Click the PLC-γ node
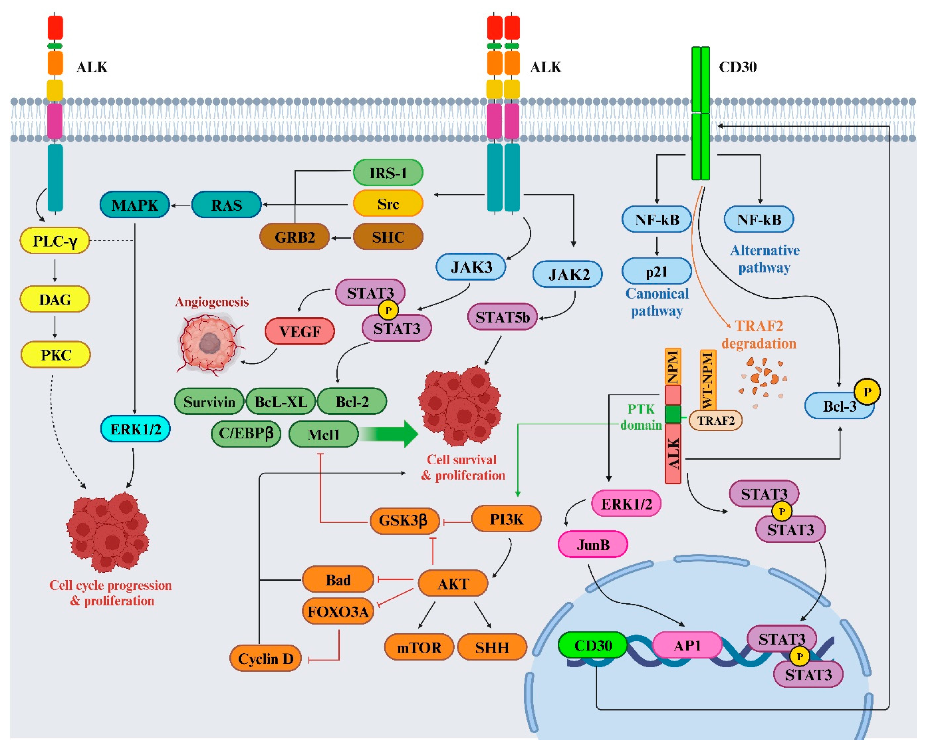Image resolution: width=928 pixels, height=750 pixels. (55, 241)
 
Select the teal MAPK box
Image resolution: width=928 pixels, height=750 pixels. (134, 205)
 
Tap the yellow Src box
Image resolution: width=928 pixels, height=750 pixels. (387, 203)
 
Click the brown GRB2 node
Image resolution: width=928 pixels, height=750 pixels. (295, 237)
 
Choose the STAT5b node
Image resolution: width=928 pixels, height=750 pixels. (502, 317)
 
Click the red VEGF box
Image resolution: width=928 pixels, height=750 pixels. (300, 331)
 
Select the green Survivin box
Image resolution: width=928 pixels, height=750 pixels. (209, 402)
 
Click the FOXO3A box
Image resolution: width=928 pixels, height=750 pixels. (338, 612)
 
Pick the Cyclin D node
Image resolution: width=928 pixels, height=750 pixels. (265, 658)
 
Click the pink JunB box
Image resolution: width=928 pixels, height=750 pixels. (593, 545)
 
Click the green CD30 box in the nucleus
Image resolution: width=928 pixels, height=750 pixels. (592, 645)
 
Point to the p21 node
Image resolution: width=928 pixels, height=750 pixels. (656, 272)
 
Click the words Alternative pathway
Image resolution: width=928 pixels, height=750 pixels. (764, 259)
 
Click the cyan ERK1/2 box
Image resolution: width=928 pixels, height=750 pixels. (135, 429)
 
